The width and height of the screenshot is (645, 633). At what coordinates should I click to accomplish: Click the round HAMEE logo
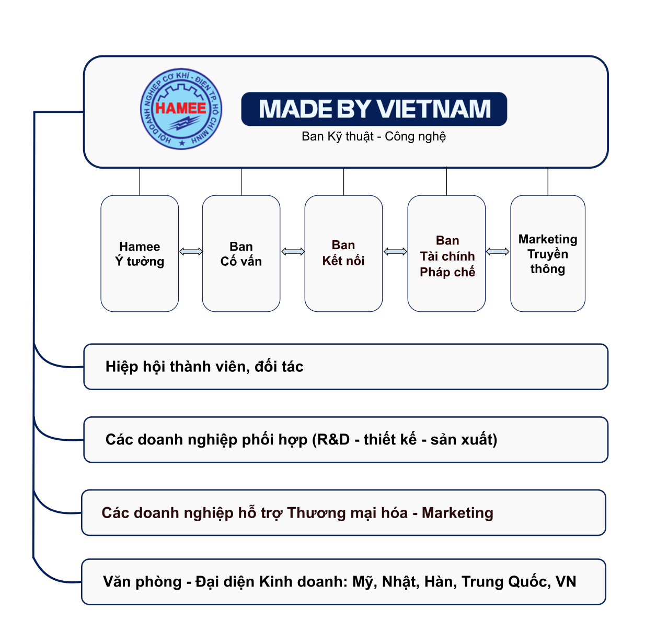[x=181, y=109]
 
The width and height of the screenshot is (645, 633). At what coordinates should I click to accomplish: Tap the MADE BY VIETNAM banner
[x=374, y=109]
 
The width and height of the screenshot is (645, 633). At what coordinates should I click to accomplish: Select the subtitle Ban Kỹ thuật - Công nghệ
[x=374, y=136]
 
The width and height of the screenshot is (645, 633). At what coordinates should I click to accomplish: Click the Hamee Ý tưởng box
[x=140, y=254]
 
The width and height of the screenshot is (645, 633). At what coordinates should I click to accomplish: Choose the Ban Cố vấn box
[x=241, y=254]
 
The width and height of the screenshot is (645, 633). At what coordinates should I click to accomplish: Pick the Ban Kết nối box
[x=343, y=253]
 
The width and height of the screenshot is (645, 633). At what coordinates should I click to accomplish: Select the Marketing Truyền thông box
[x=548, y=254]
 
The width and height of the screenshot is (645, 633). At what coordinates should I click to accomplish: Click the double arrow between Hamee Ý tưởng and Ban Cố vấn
[x=191, y=252]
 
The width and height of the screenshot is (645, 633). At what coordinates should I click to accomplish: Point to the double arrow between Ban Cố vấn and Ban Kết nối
[x=293, y=252]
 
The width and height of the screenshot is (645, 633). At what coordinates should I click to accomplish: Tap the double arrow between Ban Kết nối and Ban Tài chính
[x=395, y=252]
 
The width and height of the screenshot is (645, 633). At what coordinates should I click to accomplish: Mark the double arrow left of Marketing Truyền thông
[x=498, y=252]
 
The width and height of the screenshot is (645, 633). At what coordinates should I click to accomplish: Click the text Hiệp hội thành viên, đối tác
[x=204, y=367]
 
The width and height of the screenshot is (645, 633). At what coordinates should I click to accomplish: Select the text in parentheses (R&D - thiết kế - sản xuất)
[x=405, y=440]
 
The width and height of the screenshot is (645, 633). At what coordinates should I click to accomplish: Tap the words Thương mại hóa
[x=347, y=513]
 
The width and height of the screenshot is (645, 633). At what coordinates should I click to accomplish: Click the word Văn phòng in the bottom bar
[x=142, y=582]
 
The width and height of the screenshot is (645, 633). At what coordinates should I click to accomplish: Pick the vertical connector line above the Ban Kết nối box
[x=343, y=182]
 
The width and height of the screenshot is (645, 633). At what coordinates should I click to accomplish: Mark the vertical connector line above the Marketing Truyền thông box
[x=548, y=182]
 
